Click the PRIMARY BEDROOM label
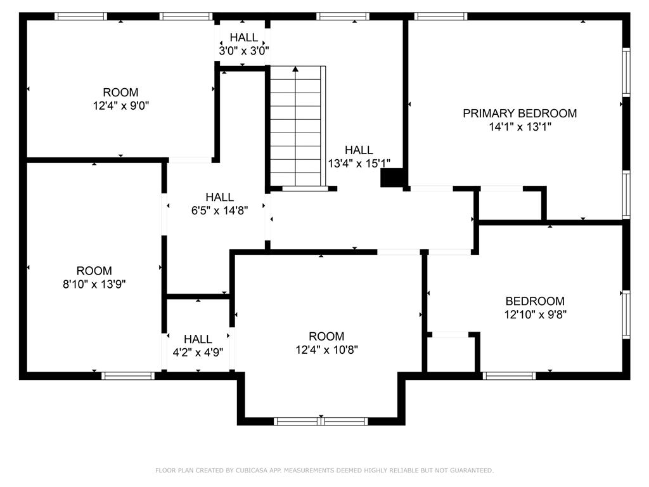click(x=520, y=114)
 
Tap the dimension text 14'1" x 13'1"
click(x=520, y=127)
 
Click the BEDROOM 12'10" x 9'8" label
click(x=534, y=301)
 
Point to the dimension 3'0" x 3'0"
click(x=244, y=51)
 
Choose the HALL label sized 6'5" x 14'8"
click(x=219, y=197)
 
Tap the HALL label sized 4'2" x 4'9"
click(x=198, y=339)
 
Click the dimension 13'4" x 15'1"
click(x=359, y=164)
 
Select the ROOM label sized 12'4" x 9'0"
click(x=120, y=93)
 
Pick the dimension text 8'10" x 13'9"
click(x=94, y=285)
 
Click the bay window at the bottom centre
click(x=321, y=421)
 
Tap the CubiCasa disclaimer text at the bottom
click(x=324, y=471)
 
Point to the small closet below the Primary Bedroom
click(x=510, y=204)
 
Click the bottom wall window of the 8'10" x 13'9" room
click(x=128, y=376)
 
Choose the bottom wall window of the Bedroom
click(x=509, y=376)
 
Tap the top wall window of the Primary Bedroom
click(x=440, y=16)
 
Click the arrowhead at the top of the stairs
click(x=296, y=70)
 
